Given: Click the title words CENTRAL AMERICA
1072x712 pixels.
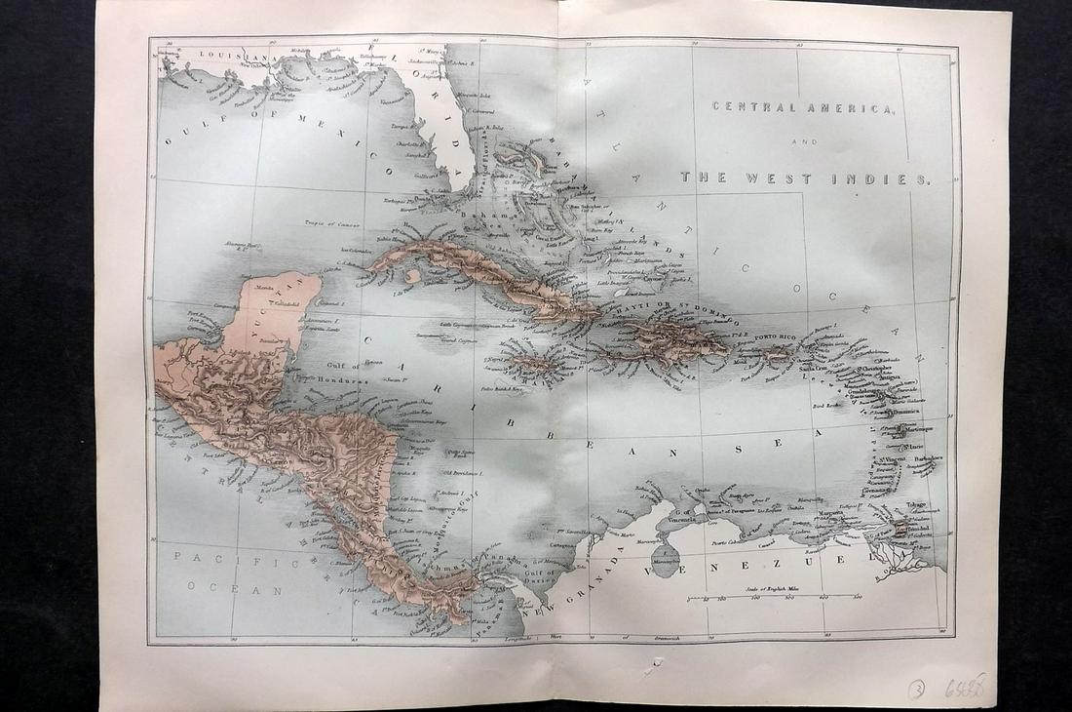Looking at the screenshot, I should pos(801,107).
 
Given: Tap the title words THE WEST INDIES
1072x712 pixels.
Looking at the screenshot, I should pos(806,178).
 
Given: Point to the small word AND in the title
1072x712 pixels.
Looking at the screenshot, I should pos(806,142).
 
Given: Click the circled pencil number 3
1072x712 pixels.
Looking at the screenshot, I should pos(916,689).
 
